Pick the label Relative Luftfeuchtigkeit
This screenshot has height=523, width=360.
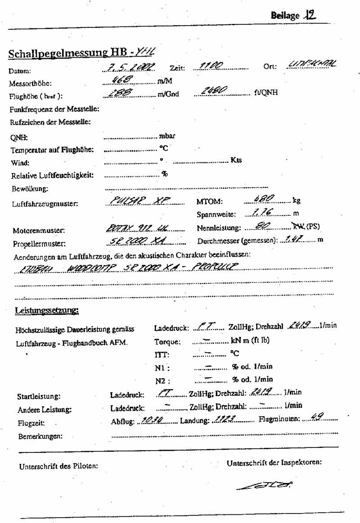click(54, 175)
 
